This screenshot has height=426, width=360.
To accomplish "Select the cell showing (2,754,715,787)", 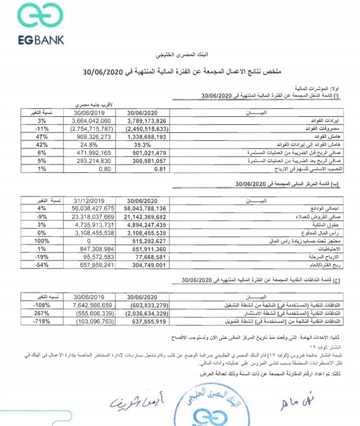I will [88, 128].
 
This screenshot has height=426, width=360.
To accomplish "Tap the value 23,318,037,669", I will [88, 217].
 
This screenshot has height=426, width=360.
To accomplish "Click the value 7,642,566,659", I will [88, 305].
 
